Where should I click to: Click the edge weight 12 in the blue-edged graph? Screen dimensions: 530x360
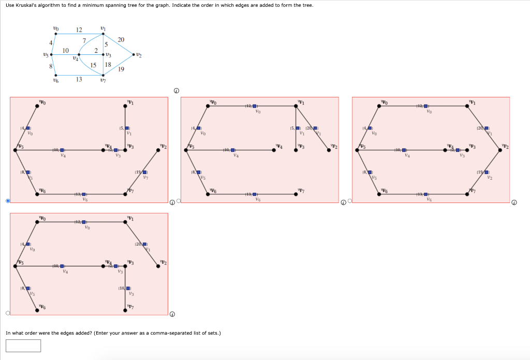tap(79, 30)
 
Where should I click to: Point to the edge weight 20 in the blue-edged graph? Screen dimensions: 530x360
tap(121, 39)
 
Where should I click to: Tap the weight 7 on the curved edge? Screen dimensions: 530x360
tap(84, 40)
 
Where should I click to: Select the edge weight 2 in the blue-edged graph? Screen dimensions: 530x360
tap(96, 50)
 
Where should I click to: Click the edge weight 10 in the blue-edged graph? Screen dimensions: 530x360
tap(66, 50)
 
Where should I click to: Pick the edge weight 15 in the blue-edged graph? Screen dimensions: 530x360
tap(94, 65)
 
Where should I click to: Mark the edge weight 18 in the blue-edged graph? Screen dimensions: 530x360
tap(108, 65)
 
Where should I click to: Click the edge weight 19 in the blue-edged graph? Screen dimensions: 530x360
tap(121, 69)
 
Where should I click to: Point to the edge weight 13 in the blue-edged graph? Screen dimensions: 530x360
tap(79, 79)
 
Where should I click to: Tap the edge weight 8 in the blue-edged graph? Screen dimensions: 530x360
tap(50, 65)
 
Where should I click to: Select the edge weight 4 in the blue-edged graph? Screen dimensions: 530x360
tap(50, 42)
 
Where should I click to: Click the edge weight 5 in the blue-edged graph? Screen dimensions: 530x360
tap(106, 45)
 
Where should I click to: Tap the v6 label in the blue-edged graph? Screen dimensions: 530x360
tap(56, 80)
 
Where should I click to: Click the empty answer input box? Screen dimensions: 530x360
tap(23, 345)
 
